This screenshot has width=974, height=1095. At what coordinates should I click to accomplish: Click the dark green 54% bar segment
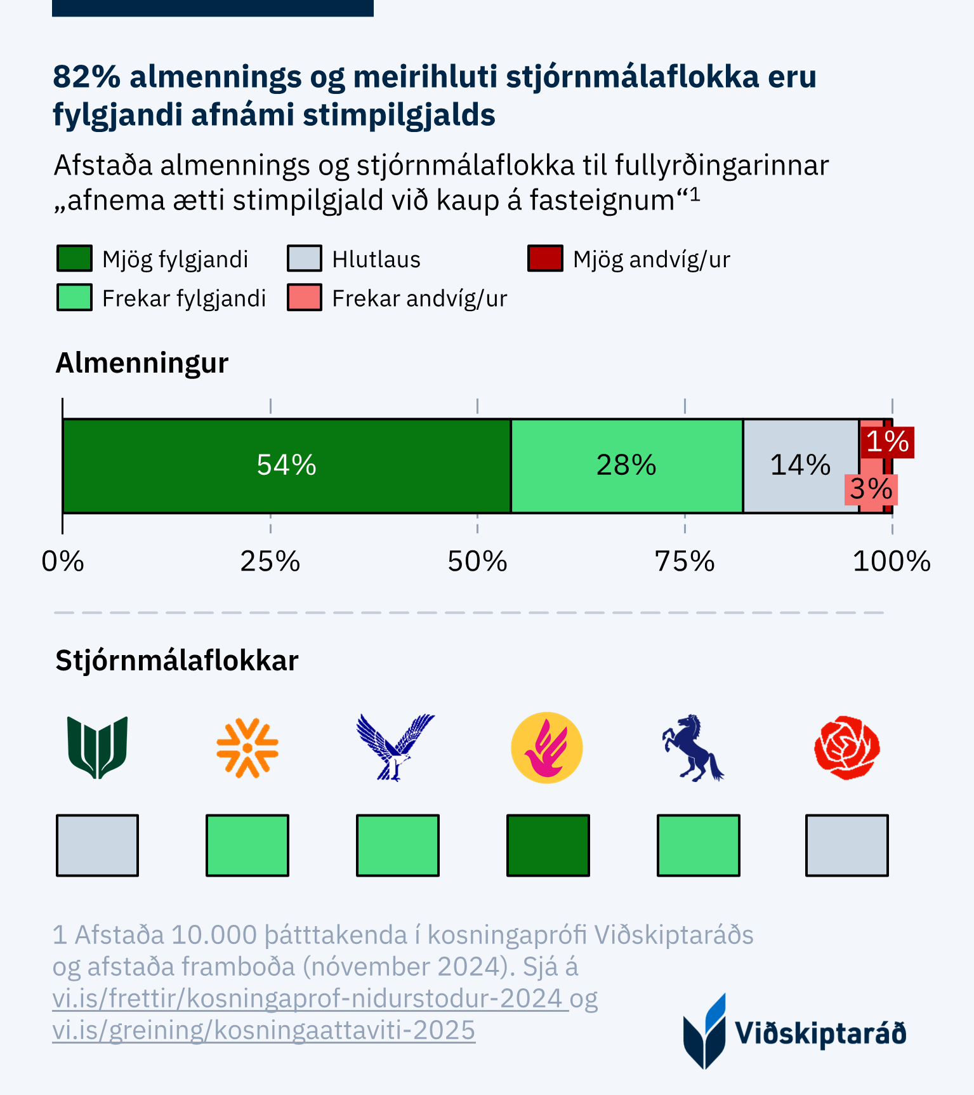click(x=286, y=465)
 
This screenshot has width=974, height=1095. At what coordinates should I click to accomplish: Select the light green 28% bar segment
click(x=626, y=465)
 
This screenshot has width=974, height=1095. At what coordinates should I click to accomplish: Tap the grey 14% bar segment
click(x=800, y=465)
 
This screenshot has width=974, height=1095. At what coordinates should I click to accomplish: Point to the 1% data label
click(x=887, y=442)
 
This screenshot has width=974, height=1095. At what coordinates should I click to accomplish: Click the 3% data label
click(x=871, y=489)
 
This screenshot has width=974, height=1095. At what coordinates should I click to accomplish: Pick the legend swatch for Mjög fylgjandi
click(x=74, y=259)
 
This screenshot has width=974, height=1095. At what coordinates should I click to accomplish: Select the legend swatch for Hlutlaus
click(x=305, y=259)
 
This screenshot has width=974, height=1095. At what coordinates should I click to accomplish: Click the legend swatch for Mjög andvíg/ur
click(x=545, y=259)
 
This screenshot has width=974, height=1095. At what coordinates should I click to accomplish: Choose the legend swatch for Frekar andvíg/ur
click(x=305, y=298)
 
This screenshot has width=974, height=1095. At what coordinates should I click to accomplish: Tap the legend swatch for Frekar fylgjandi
click(x=74, y=298)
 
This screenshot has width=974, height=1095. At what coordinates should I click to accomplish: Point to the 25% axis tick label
click(x=270, y=562)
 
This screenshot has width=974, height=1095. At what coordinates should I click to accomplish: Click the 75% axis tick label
click(x=684, y=562)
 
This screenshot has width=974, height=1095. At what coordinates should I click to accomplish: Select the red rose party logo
click(x=846, y=748)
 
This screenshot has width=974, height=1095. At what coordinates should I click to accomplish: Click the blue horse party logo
click(x=693, y=748)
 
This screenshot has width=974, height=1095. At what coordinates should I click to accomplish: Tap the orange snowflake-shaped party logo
click(x=247, y=748)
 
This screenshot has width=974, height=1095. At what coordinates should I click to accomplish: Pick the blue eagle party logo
click(x=396, y=748)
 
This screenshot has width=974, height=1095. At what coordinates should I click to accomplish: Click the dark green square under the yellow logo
click(x=548, y=846)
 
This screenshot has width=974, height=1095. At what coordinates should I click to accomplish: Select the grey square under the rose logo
click(x=846, y=846)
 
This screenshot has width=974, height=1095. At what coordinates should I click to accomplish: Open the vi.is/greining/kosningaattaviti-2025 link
click(x=263, y=1030)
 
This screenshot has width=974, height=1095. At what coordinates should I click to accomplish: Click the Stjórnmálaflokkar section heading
click(x=176, y=661)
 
